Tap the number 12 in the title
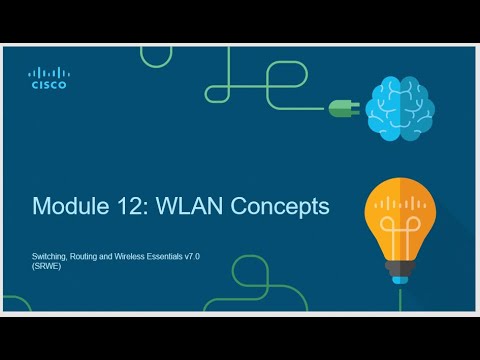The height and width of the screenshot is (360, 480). coord(129,207)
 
